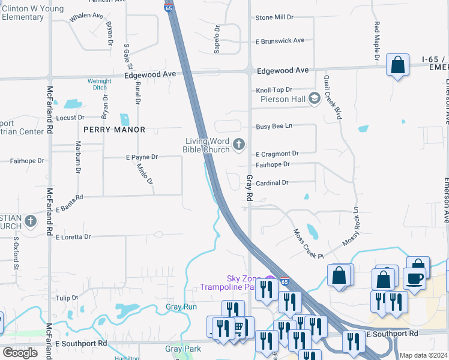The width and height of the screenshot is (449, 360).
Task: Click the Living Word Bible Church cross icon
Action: pyautogui.click(x=239, y=144)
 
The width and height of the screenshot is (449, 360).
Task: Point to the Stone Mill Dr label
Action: pyautogui.click(x=274, y=18)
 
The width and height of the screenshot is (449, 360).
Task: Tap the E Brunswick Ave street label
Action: pyautogui.click(x=280, y=41)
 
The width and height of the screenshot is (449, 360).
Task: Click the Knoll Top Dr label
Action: pyautogui.click(x=274, y=89)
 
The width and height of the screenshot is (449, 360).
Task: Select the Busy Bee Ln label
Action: pyautogui.click(x=274, y=126)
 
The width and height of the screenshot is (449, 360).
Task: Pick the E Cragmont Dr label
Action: pyautogui.click(x=277, y=154)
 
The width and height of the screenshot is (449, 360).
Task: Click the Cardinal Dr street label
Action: pyautogui.click(x=272, y=182)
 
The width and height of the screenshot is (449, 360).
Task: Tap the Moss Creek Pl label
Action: pyautogui.click(x=308, y=244)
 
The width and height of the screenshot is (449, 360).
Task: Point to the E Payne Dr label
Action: pyautogui.click(x=142, y=157)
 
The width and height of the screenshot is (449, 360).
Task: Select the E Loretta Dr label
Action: pyautogui.click(x=73, y=237)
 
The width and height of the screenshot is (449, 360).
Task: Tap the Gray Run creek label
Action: pyautogui.click(x=181, y=307)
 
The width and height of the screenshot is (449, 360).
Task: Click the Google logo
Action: pyautogui.click(x=20, y=353)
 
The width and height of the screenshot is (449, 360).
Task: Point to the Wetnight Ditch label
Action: pyautogui.click(x=99, y=84)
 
